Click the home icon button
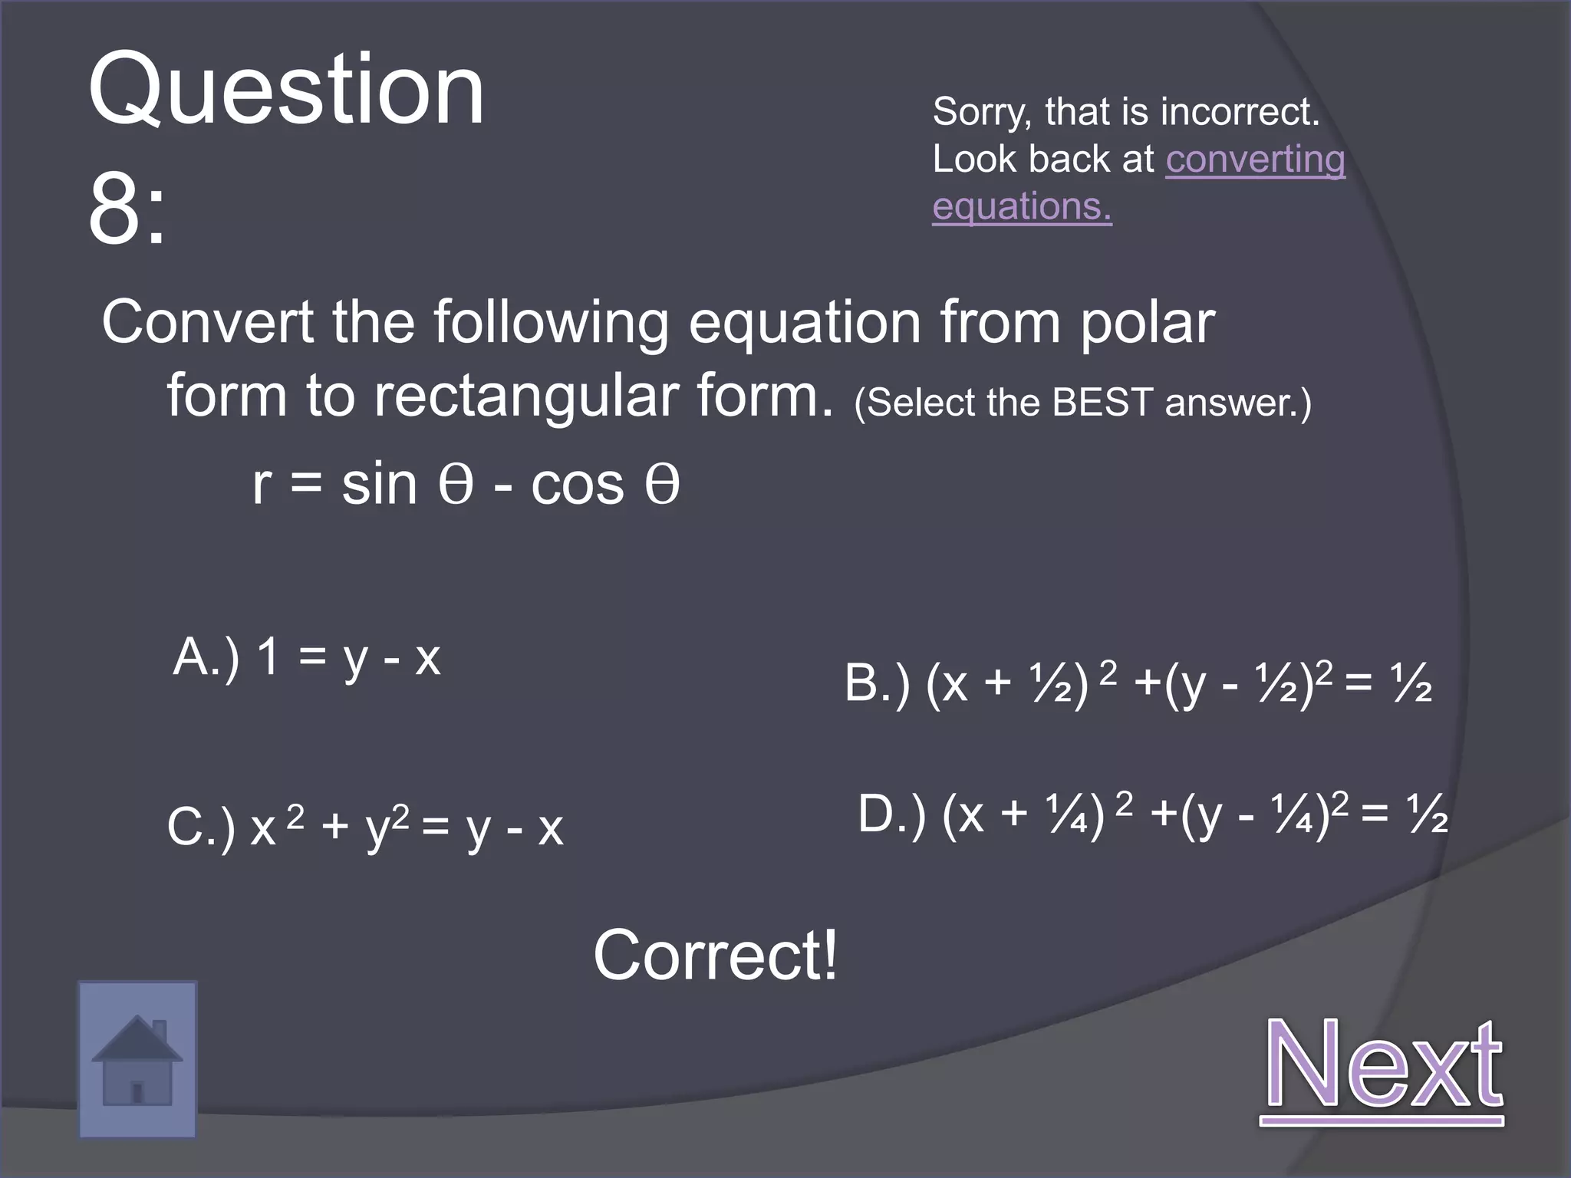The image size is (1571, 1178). click(x=137, y=1059)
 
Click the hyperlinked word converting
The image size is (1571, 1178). click(x=1255, y=160)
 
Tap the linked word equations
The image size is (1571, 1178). click(x=1022, y=206)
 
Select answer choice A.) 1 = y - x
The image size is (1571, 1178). click(x=307, y=657)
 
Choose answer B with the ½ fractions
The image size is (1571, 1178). click(x=1138, y=683)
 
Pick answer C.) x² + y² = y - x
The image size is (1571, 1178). click(x=365, y=828)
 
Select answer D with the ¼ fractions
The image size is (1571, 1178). click(x=1152, y=814)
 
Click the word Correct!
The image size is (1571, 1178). click(x=715, y=955)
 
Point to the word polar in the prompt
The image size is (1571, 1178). click(x=1147, y=323)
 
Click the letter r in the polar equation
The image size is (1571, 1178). click(x=262, y=485)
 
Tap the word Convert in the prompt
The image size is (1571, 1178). click(x=207, y=323)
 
